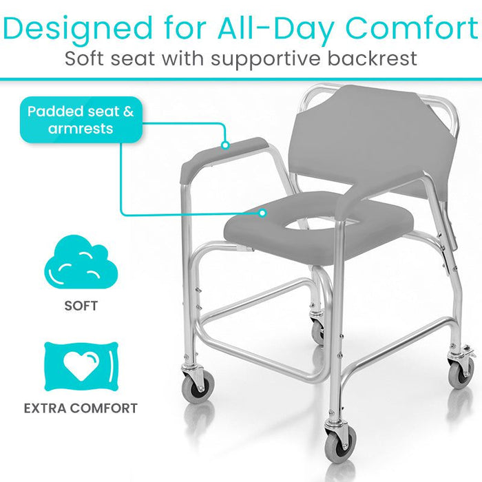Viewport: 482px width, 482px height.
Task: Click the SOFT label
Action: point(81,305)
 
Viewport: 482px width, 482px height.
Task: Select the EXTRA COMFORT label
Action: point(81,408)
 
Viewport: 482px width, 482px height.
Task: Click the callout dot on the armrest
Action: point(224,145)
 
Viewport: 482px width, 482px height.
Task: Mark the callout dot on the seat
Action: point(262,213)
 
